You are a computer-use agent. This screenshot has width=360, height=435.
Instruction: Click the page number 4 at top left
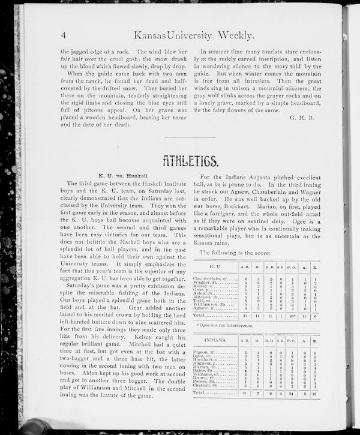point(62,35)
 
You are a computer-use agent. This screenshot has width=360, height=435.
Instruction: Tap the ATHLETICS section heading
point(190,161)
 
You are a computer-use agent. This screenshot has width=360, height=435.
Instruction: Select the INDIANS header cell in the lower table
point(214,340)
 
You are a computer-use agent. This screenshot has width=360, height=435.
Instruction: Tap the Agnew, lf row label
point(208,308)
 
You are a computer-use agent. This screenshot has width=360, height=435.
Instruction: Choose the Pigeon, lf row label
point(206,353)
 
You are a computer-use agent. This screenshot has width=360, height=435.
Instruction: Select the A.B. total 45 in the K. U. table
point(244,314)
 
